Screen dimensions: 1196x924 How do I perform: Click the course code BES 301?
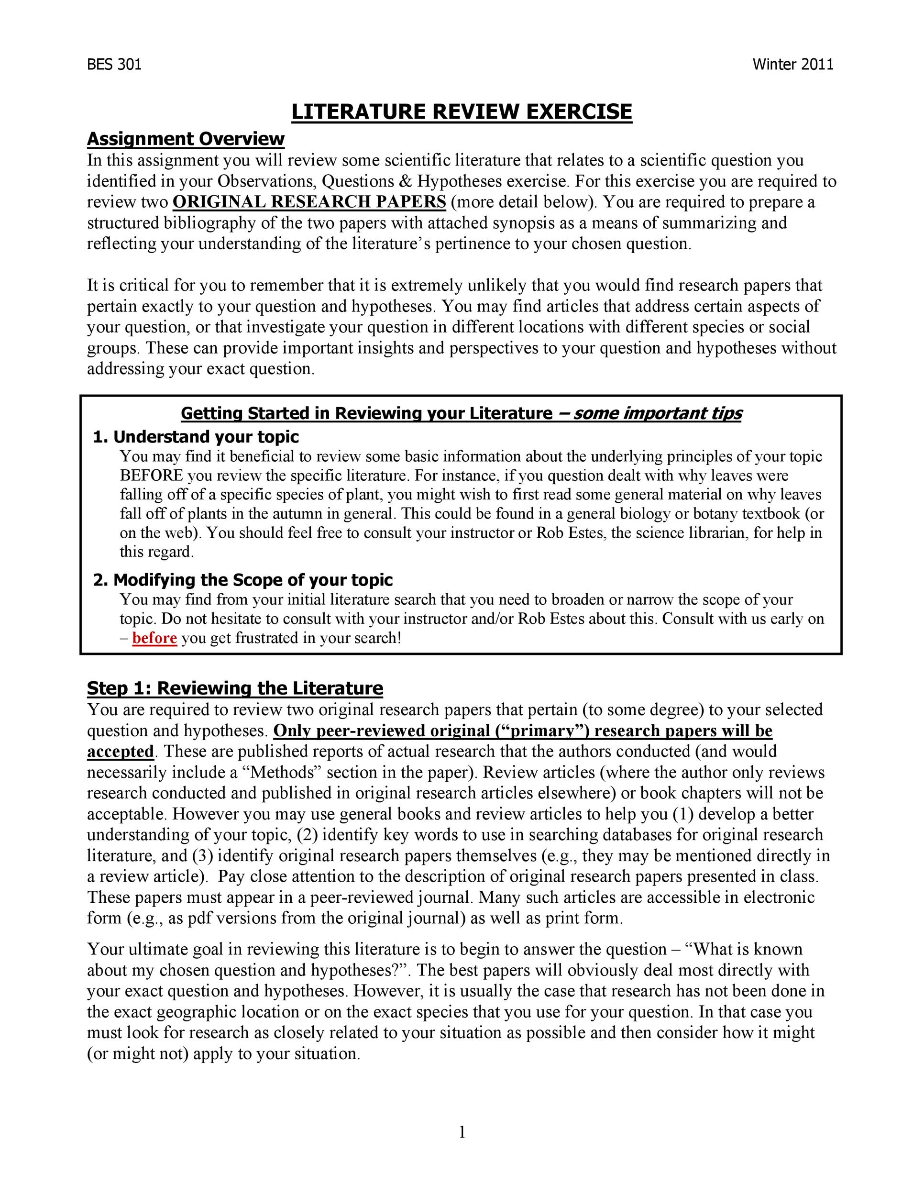(x=114, y=65)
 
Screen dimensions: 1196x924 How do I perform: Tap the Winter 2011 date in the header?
(x=792, y=65)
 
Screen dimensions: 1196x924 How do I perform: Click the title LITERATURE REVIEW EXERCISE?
(x=462, y=112)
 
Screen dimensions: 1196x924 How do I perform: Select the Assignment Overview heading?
(x=186, y=139)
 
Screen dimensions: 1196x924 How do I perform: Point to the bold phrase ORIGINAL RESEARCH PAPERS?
(x=309, y=202)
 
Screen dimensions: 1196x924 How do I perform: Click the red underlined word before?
(x=154, y=638)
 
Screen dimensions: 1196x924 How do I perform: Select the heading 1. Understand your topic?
(x=196, y=437)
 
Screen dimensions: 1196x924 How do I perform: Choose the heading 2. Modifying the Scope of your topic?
(x=243, y=580)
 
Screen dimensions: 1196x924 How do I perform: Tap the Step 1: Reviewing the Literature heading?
(x=235, y=688)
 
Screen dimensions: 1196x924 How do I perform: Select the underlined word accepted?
(x=121, y=752)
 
